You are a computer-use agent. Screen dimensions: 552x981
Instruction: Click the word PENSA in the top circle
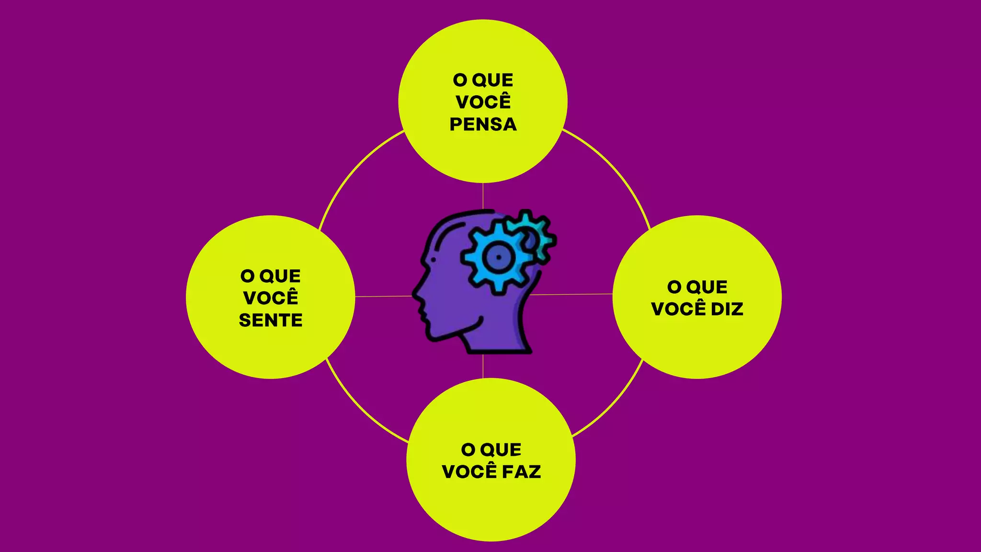[483, 125]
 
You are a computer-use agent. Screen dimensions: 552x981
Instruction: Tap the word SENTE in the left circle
[271, 320]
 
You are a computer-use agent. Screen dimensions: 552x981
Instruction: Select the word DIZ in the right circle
[727, 309]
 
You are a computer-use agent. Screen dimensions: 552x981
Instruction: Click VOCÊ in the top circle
[483, 102]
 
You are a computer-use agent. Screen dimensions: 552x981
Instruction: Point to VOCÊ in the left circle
[271, 298]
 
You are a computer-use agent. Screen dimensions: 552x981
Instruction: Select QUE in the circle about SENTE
[280, 276]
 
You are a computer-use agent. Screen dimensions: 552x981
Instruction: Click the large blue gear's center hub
[498, 257]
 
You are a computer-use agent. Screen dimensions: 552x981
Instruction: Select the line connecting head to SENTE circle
[383, 297]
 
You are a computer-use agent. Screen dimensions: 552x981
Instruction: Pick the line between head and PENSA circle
[483, 196]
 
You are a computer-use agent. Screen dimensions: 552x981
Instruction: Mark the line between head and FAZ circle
[483, 367]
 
